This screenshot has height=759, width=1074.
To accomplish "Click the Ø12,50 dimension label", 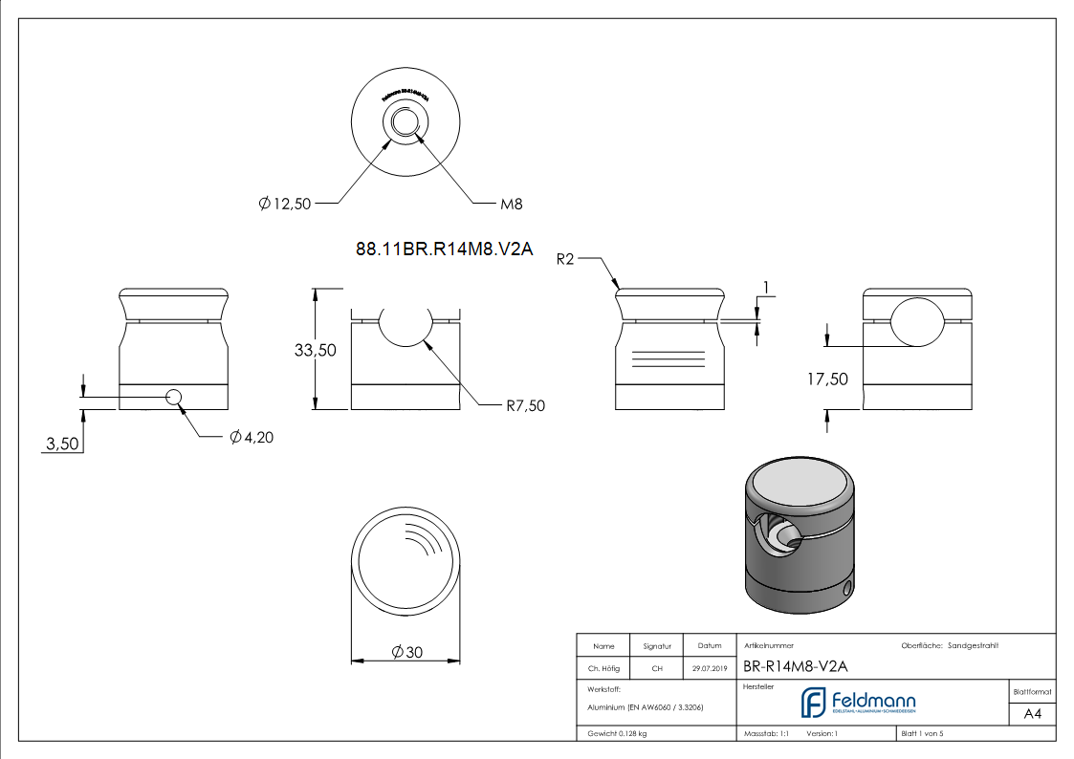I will pyautogui.click(x=285, y=204).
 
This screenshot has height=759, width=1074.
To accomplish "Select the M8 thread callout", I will pyautogui.click(x=512, y=204).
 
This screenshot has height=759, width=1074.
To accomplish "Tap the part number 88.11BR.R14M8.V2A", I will pyautogui.click(x=443, y=250).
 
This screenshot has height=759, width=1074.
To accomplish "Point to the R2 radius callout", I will pyautogui.click(x=565, y=259).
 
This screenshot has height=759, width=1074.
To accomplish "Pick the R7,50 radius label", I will pyautogui.click(x=526, y=405).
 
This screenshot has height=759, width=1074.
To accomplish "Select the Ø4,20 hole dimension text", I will pyautogui.click(x=252, y=438).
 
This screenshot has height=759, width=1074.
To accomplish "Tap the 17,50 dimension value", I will pyautogui.click(x=827, y=379).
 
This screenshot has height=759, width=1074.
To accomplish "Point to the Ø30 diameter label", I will pyautogui.click(x=407, y=653).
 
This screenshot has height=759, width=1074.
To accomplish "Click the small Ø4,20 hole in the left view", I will pyautogui.click(x=175, y=397).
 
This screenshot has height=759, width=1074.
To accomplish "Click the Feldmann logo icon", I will pyautogui.click(x=813, y=702).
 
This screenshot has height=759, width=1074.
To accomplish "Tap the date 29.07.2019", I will pyautogui.click(x=710, y=669).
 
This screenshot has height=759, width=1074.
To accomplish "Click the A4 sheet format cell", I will pyautogui.click(x=1032, y=714).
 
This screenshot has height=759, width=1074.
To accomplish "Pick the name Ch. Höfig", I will pyautogui.click(x=603, y=669).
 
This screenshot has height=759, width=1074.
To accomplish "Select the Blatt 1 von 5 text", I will pyautogui.click(x=922, y=733).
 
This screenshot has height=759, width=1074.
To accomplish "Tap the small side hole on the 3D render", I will pyautogui.click(x=847, y=588).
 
